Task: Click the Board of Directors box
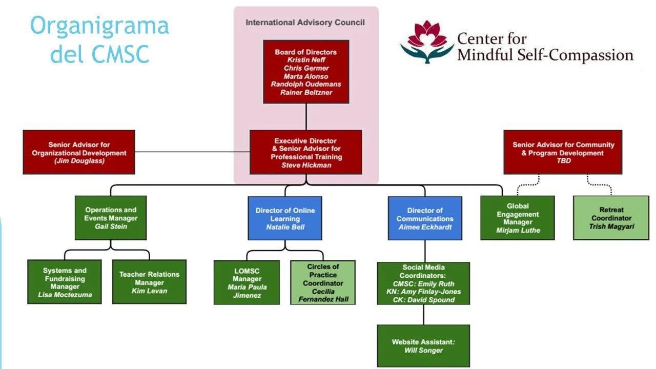[x=306, y=72]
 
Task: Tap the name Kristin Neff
[x=306, y=60]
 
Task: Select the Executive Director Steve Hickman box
[x=306, y=152]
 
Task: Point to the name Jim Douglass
[x=79, y=161]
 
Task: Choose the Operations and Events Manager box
[x=111, y=218]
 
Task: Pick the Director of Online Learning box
[x=285, y=218]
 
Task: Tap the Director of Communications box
[x=425, y=218]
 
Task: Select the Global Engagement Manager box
[x=518, y=218]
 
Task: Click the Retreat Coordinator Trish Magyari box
[x=611, y=218]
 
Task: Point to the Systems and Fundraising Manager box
[x=65, y=282]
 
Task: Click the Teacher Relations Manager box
[x=149, y=282]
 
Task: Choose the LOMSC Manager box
[x=247, y=282]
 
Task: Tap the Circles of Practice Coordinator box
[x=323, y=282]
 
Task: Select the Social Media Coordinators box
[x=423, y=283]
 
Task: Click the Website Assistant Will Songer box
[x=423, y=346]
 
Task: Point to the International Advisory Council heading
[x=305, y=23]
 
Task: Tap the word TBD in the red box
[x=563, y=161]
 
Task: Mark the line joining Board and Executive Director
[x=306, y=117]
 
